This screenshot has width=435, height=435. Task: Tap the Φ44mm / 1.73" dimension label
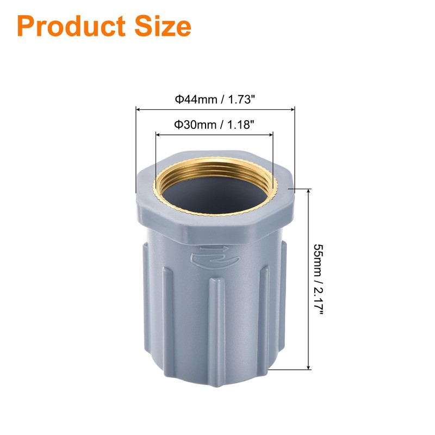click(x=215, y=99)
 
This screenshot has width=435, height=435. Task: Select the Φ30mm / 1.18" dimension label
click(x=215, y=124)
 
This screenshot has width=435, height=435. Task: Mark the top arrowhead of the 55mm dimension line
click(x=309, y=192)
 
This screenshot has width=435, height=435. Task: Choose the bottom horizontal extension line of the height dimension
click(x=288, y=369)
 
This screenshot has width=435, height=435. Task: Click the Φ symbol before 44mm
click(x=177, y=99)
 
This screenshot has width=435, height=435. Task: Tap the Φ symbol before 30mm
click(x=177, y=124)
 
